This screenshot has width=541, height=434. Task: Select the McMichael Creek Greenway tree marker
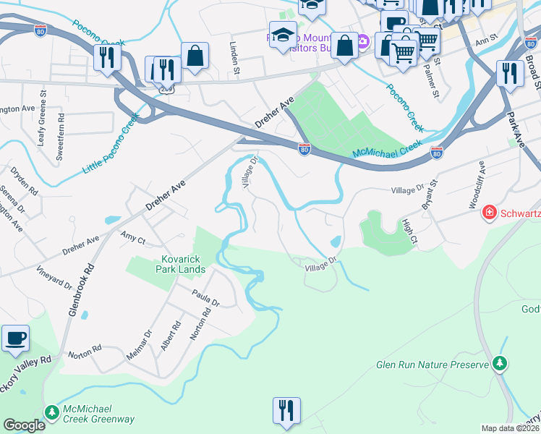pos(51,412)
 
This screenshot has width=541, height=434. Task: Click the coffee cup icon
pos(15,339)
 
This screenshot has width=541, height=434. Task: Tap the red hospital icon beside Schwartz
pos(490,213)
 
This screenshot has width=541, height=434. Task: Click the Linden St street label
pos(234,58)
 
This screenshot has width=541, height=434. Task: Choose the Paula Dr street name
pos(205,297)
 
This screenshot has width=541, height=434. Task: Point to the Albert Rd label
pos(166,336)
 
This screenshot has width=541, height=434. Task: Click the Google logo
pos(24,425)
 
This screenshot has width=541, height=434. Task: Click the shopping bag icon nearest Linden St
pos(195,56)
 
